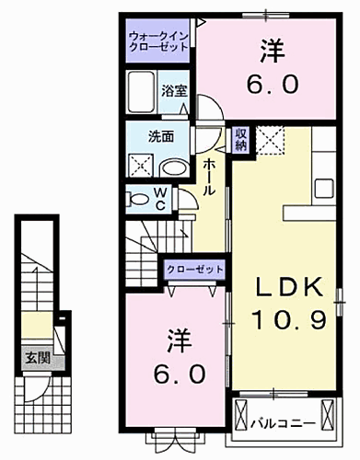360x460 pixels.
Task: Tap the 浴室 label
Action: [x=175, y=90]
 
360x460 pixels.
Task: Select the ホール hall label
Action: [x=210, y=175]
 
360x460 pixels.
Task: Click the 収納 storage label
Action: [x=240, y=139]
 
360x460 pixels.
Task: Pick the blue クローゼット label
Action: [x=195, y=268]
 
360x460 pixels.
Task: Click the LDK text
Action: [x=288, y=287]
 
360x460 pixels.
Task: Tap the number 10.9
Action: [x=288, y=319]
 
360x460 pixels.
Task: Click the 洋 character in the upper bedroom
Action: [x=272, y=49]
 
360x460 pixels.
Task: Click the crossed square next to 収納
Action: [x=270, y=140]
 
